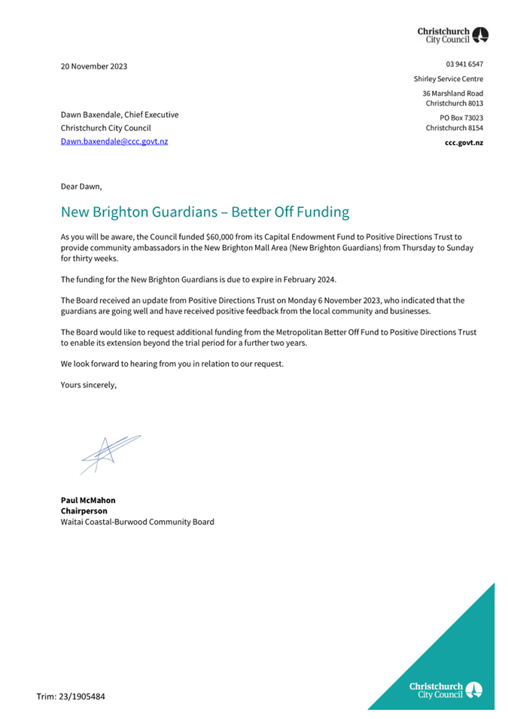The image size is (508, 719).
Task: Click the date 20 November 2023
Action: click(x=94, y=66)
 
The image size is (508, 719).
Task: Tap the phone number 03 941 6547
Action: click(x=464, y=65)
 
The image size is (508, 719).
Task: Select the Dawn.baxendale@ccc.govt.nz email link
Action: click(x=114, y=142)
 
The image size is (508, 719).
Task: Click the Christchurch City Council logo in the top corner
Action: click(x=453, y=35)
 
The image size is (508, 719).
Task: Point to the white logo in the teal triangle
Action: click(x=446, y=690)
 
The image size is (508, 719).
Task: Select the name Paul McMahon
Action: click(x=88, y=500)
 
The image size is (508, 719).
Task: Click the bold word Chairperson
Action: click(x=84, y=510)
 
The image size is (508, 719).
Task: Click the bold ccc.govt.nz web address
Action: click(x=464, y=142)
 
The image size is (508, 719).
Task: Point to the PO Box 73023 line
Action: click(x=461, y=117)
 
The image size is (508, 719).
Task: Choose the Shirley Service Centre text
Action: click(x=449, y=79)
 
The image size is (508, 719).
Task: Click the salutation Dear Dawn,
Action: click(x=81, y=186)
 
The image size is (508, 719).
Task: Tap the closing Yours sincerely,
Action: click(x=89, y=385)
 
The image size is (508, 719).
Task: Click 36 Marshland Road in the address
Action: click(x=452, y=93)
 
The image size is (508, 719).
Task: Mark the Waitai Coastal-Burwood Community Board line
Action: click(x=137, y=522)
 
